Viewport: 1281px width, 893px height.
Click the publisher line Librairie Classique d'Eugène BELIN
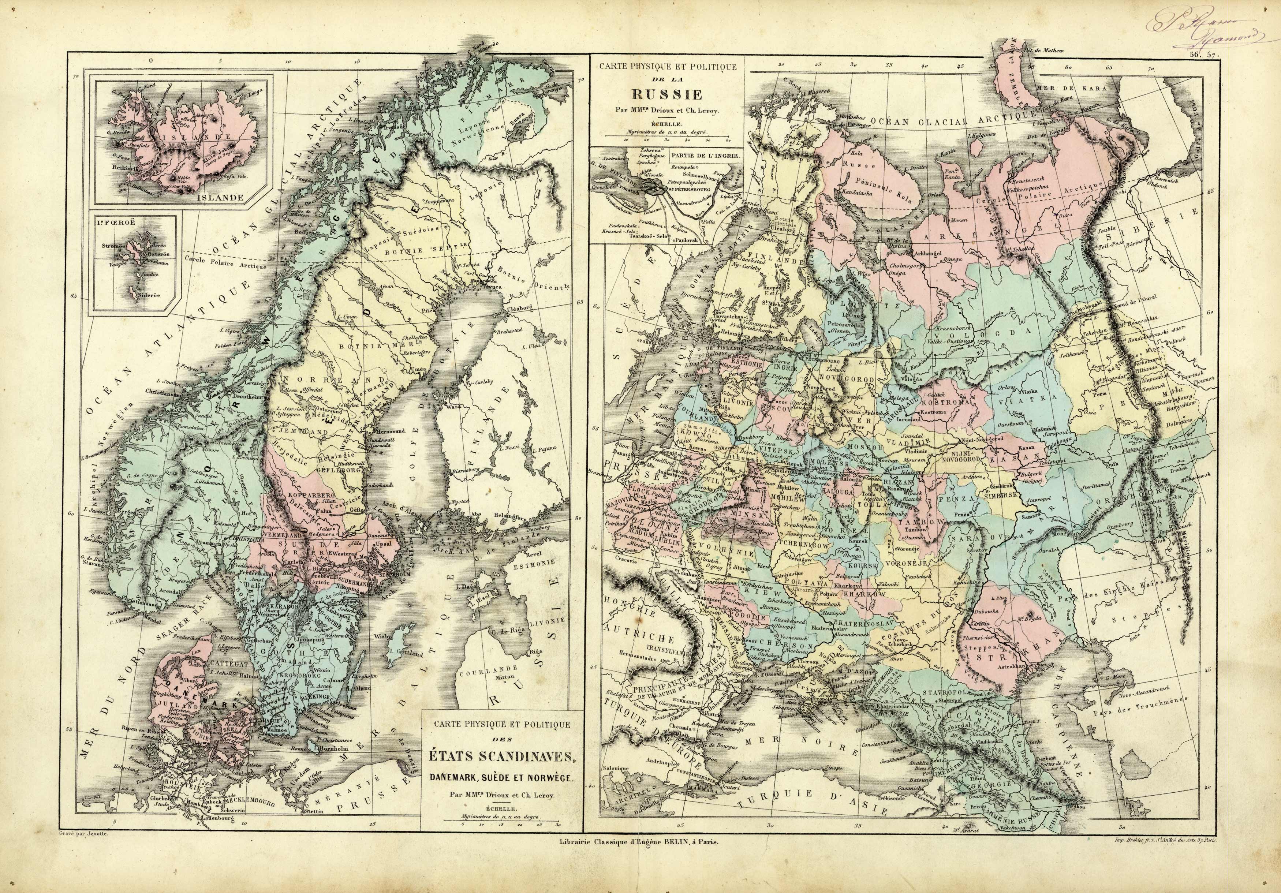pyautogui.click(x=634, y=858)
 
